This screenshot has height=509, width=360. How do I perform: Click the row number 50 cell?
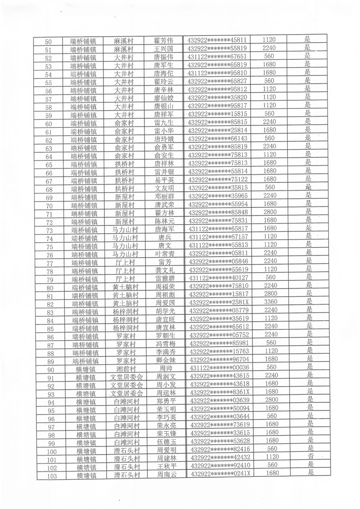[49, 41]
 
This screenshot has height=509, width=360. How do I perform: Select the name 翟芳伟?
[163, 40]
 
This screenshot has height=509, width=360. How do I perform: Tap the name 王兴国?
[163, 48]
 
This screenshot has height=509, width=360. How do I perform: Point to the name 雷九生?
[164, 122]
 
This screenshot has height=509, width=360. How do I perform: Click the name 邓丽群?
[164, 196]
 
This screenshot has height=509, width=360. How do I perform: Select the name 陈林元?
[164, 221]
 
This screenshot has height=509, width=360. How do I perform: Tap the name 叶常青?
[165, 254]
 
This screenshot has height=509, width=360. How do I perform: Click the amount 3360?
[271, 302]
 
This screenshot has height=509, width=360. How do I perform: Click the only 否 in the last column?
[311, 457]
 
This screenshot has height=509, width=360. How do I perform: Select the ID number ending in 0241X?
[221, 474]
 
